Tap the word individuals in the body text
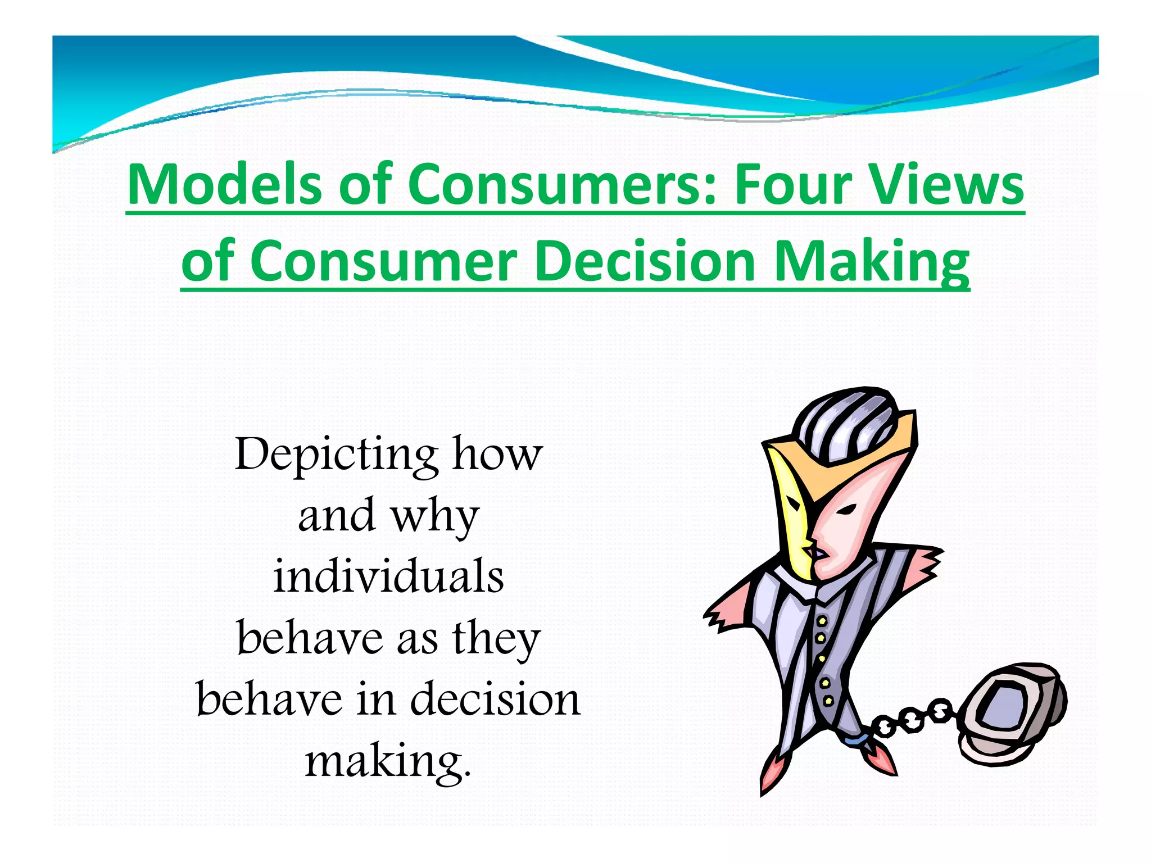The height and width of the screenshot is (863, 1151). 388,576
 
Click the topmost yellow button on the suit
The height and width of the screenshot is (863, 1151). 822,621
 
